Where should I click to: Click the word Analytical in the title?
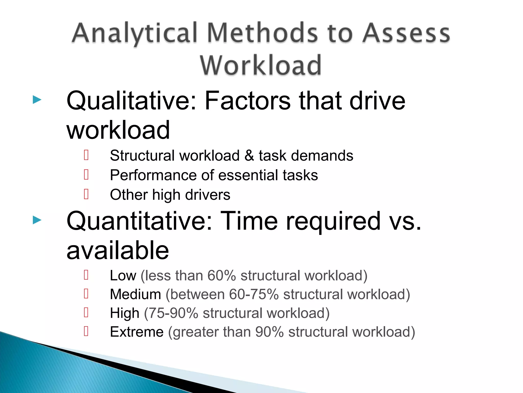point(135,33)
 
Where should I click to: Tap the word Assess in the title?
point(406,33)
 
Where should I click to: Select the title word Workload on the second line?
point(260,65)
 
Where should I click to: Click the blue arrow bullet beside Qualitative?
point(37,100)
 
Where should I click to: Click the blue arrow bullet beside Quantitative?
point(37,220)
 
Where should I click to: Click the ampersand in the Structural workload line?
point(249,156)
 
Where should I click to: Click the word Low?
point(123,276)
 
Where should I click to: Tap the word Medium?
point(136,294)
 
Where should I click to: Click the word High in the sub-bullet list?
point(125,313)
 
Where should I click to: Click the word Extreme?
point(137,332)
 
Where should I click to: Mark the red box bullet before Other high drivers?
point(86,194)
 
